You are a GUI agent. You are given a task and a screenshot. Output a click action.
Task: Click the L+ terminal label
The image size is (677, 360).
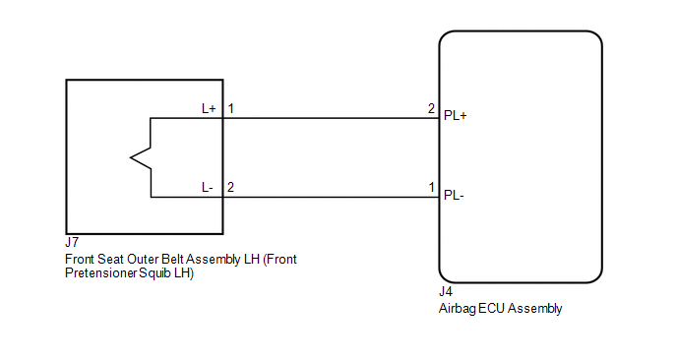click(x=209, y=108)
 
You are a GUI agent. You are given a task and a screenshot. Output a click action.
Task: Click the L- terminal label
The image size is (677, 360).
click(x=208, y=187)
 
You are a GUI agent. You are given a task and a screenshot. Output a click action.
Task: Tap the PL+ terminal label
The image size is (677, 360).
click(x=455, y=116)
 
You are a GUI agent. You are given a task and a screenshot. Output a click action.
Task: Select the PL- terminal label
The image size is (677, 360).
click(x=454, y=195)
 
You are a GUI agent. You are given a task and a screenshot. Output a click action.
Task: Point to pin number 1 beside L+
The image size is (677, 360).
click(x=231, y=108)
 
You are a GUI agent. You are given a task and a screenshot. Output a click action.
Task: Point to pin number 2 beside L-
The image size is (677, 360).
click(x=230, y=187)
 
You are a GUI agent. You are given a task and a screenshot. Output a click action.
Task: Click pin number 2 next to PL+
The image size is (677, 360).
click(x=431, y=108)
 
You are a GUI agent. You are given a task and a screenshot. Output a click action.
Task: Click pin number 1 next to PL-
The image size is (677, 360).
click(x=431, y=187)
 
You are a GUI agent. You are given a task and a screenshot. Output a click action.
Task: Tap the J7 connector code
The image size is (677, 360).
click(x=72, y=242)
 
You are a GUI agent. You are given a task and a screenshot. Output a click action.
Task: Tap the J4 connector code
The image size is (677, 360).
click(x=446, y=292)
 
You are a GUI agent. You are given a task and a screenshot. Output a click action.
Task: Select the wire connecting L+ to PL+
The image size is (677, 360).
click(x=332, y=118)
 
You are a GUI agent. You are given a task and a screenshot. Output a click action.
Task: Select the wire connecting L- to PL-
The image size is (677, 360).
click(x=332, y=198)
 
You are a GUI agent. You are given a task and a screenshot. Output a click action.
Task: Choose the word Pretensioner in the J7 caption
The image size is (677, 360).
click(x=101, y=273)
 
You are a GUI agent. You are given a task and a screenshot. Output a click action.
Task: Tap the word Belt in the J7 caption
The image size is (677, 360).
click(x=172, y=259)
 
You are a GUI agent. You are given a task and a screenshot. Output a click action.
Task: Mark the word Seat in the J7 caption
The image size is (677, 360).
click(x=111, y=259)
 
